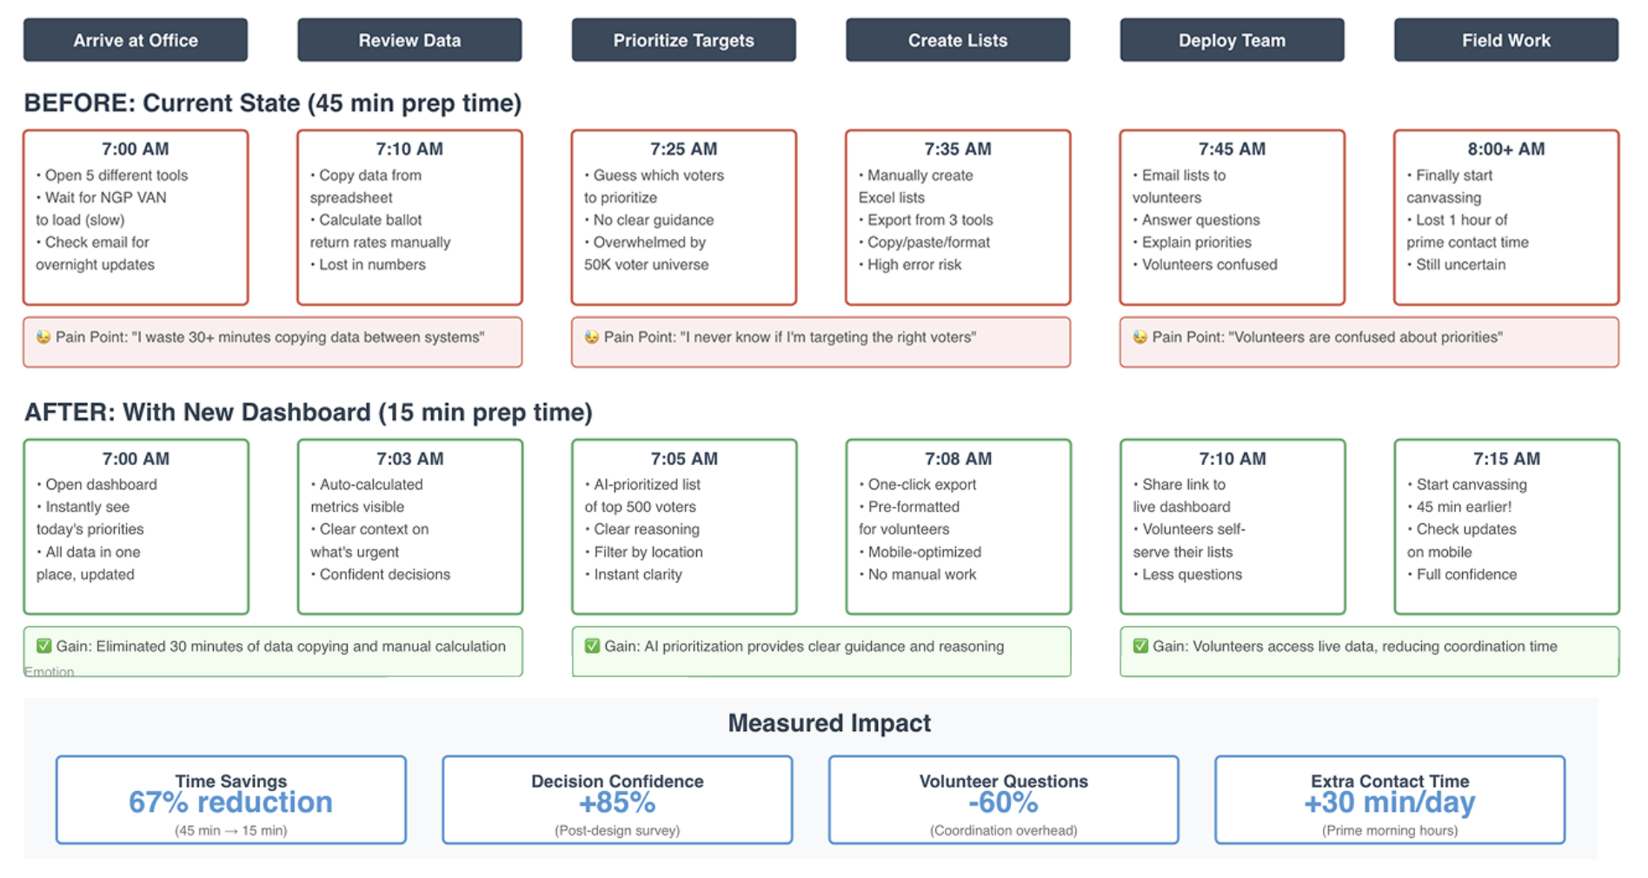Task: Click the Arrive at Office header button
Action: tap(136, 40)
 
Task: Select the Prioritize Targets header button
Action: tap(684, 40)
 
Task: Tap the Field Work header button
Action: tap(1506, 40)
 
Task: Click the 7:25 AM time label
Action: tap(684, 149)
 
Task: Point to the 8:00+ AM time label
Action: tap(1506, 149)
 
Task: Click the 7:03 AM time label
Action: tap(410, 458)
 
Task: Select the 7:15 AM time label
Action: tap(1506, 458)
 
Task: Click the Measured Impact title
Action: tap(829, 722)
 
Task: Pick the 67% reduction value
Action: tap(230, 802)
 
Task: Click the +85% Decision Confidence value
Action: tap(617, 802)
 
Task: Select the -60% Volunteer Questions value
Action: tap(1003, 802)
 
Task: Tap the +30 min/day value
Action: tap(1390, 802)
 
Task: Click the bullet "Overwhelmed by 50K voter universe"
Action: tap(647, 253)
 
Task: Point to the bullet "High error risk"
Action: tap(911, 264)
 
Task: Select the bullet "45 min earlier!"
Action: tap(1460, 507)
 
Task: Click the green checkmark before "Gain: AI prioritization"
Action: tap(592, 646)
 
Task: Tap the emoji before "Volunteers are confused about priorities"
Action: tap(1140, 336)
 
